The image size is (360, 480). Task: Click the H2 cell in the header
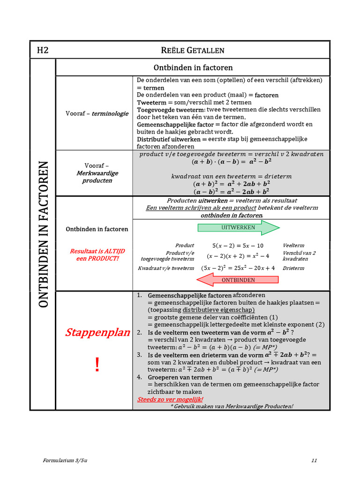click(x=43, y=50)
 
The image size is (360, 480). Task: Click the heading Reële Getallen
click(x=193, y=50)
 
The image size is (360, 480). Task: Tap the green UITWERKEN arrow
click(x=238, y=227)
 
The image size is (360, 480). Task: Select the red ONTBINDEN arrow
click(x=237, y=280)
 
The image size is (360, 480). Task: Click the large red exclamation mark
click(x=97, y=364)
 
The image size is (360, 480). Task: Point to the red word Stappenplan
click(x=97, y=333)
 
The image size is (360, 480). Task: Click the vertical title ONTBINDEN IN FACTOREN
click(x=43, y=234)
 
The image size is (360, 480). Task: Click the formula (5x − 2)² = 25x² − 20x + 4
click(x=238, y=268)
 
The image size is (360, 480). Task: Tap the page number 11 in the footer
click(x=314, y=460)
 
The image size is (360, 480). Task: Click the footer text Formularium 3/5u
click(x=65, y=460)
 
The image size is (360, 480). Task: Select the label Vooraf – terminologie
click(x=97, y=113)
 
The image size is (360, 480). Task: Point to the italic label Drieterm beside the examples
click(x=293, y=268)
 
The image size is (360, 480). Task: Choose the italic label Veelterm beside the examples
click(x=293, y=245)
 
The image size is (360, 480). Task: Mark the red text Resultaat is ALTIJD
click(x=97, y=251)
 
